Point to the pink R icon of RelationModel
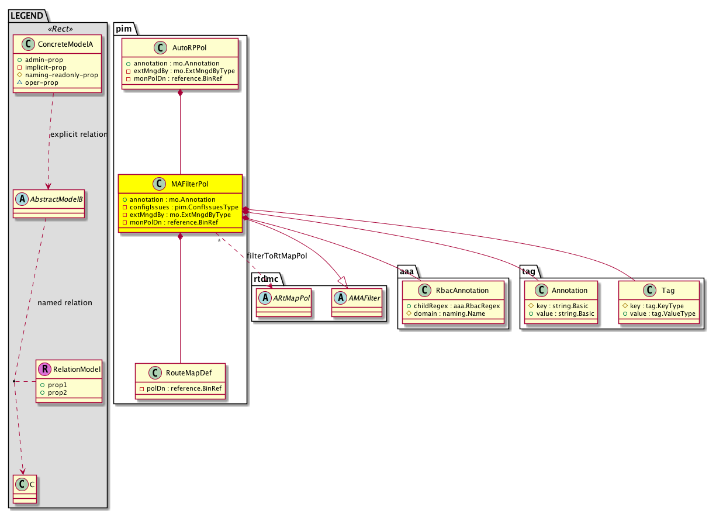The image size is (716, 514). coord(44,370)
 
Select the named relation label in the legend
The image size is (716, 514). coord(64,303)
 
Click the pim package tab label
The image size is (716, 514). coord(126,28)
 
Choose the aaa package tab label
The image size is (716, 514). coord(407,271)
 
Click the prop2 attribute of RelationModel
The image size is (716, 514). coord(53,392)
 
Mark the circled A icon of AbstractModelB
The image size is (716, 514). coord(22,198)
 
